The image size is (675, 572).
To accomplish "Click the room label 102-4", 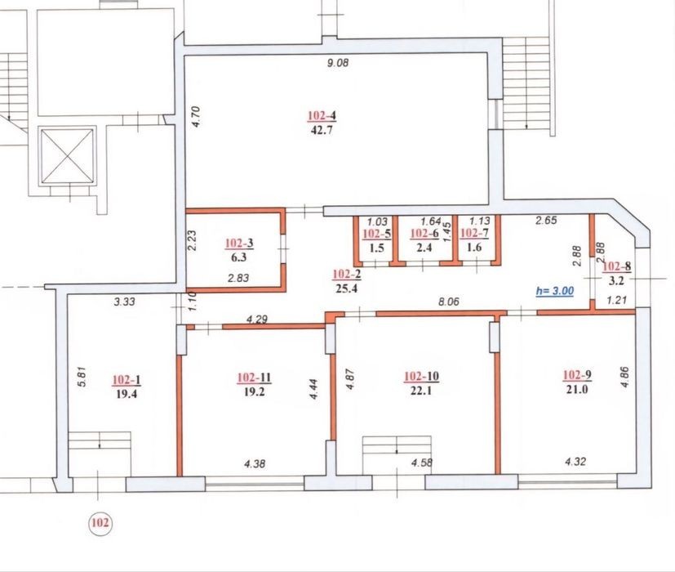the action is (322, 115).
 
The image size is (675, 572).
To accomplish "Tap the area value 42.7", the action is (322, 130).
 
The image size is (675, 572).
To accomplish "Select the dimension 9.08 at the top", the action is (338, 63).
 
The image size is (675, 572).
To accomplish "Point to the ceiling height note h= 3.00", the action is (555, 291).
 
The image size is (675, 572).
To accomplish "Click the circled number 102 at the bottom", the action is (100, 523).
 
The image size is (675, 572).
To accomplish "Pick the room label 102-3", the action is (239, 244).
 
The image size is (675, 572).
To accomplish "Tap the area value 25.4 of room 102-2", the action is (347, 288).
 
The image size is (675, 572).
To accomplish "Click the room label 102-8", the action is (617, 266).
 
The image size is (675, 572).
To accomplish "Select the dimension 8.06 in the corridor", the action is (449, 302).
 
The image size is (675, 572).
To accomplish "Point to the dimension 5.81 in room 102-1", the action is (83, 377).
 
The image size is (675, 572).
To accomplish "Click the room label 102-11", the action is (254, 378).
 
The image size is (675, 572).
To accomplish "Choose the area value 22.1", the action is (420, 391).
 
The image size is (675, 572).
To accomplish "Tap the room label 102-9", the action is (577, 375).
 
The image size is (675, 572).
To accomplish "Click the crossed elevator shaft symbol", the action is (67, 156).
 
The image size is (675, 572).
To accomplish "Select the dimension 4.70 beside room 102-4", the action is (196, 116).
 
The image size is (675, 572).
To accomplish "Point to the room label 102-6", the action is (424, 234).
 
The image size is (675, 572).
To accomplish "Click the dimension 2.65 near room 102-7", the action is (546, 221).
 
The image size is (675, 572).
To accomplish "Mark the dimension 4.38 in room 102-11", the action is (255, 464).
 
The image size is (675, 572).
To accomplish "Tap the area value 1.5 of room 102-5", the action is (376, 248).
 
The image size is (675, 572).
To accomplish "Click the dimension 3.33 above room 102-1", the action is (124, 302).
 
